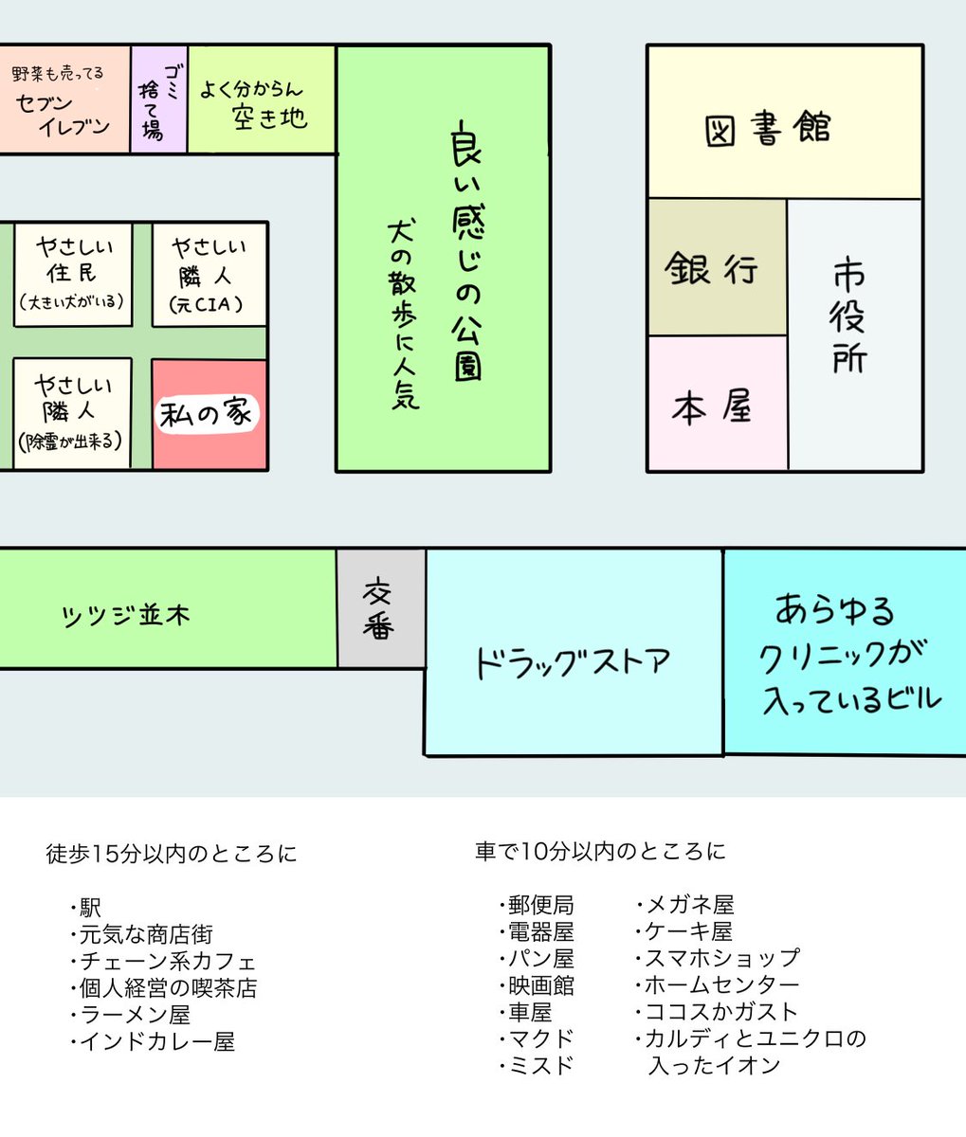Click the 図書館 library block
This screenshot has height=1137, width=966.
point(784,123)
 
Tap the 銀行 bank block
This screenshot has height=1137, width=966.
point(717,267)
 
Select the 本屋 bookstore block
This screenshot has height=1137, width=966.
point(717,405)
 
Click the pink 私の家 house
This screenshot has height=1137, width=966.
point(210,415)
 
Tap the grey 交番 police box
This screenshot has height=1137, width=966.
point(380,608)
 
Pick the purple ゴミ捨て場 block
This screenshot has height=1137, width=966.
point(158,99)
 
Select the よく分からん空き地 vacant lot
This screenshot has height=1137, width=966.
point(261,99)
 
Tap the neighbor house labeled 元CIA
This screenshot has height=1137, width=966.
point(210,275)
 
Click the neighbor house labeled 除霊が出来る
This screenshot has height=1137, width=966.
point(72,413)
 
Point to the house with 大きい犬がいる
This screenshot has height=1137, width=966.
point(72,275)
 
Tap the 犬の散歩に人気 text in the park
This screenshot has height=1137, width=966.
point(403,313)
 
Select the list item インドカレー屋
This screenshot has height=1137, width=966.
point(156,1042)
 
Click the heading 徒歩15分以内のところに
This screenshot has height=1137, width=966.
point(172,854)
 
